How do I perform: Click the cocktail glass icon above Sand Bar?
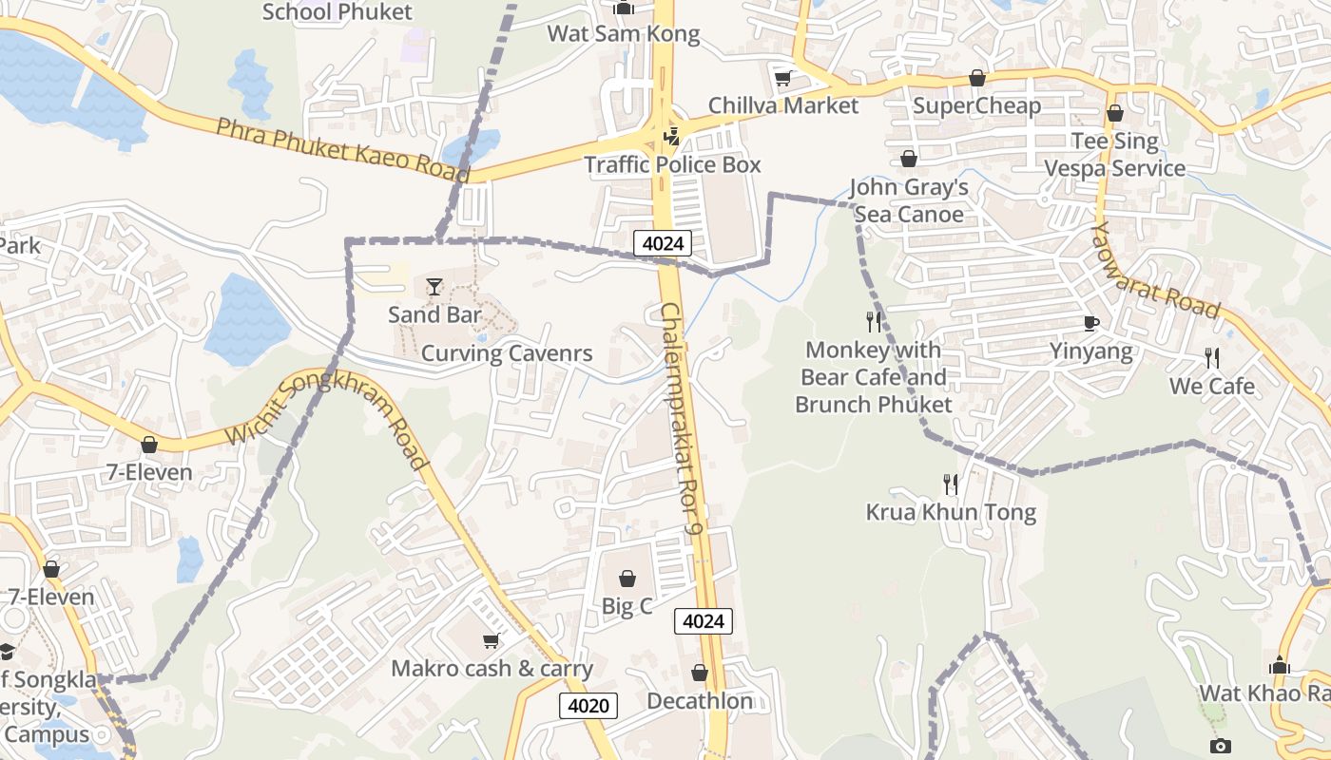[x=434, y=285]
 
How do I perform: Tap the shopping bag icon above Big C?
[x=627, y=578]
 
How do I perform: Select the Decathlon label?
[x=700, y=701]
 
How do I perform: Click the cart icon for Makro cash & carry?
[x=491, y=641]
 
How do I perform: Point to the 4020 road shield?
[x=588, y=706]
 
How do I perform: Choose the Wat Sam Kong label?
[x=624, y=34]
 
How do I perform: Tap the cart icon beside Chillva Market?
[x=783, y=79]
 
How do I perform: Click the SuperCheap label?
[x=976, y=104]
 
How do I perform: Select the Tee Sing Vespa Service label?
[x=1115, y=155]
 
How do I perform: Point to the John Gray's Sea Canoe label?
[x=909, y=200]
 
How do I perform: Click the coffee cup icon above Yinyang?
[x=1091, y=324]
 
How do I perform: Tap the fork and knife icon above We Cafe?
[x=1212, y=358]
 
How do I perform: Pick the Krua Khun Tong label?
[x=951, y=513]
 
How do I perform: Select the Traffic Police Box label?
[x=672, y=164]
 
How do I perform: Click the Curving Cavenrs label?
[x=507, y=353]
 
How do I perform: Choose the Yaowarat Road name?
[x=1155, y=271]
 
